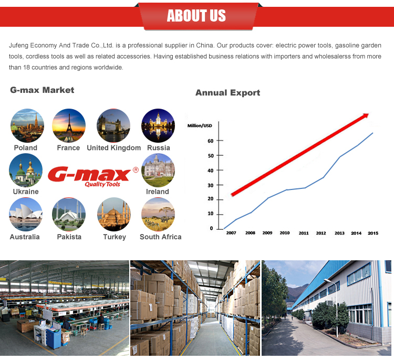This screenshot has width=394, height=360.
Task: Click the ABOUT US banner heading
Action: click(196, 16)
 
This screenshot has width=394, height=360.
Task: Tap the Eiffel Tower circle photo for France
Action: click(69, 125)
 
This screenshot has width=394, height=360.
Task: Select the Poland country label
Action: click(26, 147)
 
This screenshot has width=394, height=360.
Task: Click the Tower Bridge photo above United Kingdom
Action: click(113, 125)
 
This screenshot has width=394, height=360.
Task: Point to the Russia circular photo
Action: click(158, 125)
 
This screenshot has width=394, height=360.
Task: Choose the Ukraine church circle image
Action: click(26, 170)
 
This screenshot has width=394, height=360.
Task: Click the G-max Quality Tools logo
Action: click(93, 177)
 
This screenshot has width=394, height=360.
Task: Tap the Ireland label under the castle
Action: click(158, 192)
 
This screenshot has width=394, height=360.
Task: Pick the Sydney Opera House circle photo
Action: click(26, 215)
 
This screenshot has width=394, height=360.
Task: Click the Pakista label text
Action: click(69, 237)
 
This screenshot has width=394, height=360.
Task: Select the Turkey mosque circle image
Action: click(114, 215)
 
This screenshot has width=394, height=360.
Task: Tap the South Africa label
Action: click(161, 237)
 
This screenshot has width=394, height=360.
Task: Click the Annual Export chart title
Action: click(227, 93)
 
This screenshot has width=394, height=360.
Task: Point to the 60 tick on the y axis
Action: click(211, 141)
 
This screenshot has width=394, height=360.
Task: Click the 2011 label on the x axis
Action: click(304, 233)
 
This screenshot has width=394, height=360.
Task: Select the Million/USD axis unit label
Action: click(200, 125)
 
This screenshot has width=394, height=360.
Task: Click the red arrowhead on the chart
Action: click(365, 116)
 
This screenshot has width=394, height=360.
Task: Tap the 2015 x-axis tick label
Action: click(373, 233)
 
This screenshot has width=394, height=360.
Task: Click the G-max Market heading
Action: click(42, 90)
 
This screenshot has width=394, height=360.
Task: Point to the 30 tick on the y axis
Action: click(211, 185)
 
